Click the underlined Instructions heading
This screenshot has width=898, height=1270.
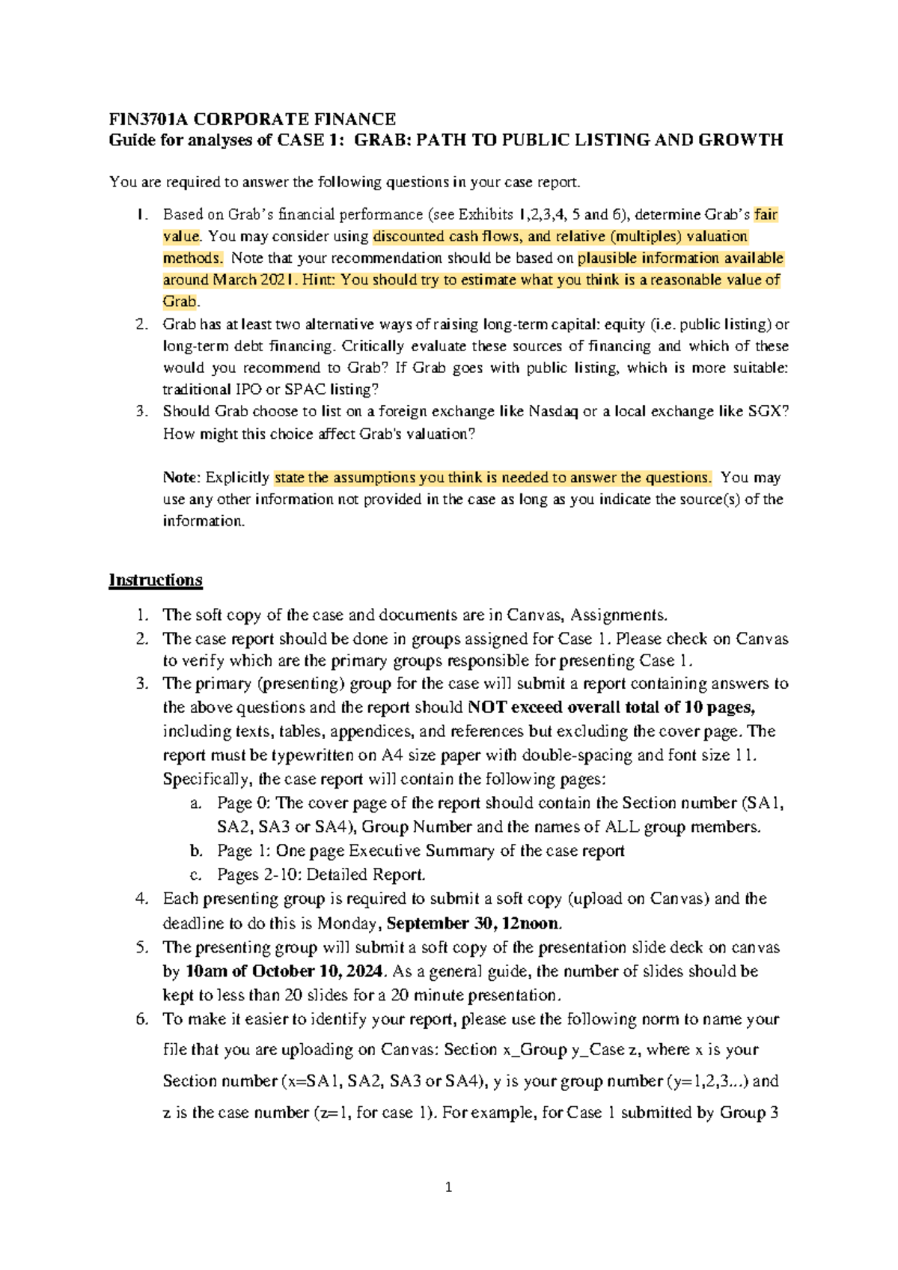[156, 580]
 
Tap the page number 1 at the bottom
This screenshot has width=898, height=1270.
[448, 1187]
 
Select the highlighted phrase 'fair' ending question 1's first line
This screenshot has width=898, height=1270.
[766, 215]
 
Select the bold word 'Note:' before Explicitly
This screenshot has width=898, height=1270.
[182, 478]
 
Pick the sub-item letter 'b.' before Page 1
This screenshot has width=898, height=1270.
[196, 851]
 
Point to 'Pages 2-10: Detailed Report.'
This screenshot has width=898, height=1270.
[321, 875]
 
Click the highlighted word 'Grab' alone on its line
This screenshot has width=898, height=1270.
[180, 302]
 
